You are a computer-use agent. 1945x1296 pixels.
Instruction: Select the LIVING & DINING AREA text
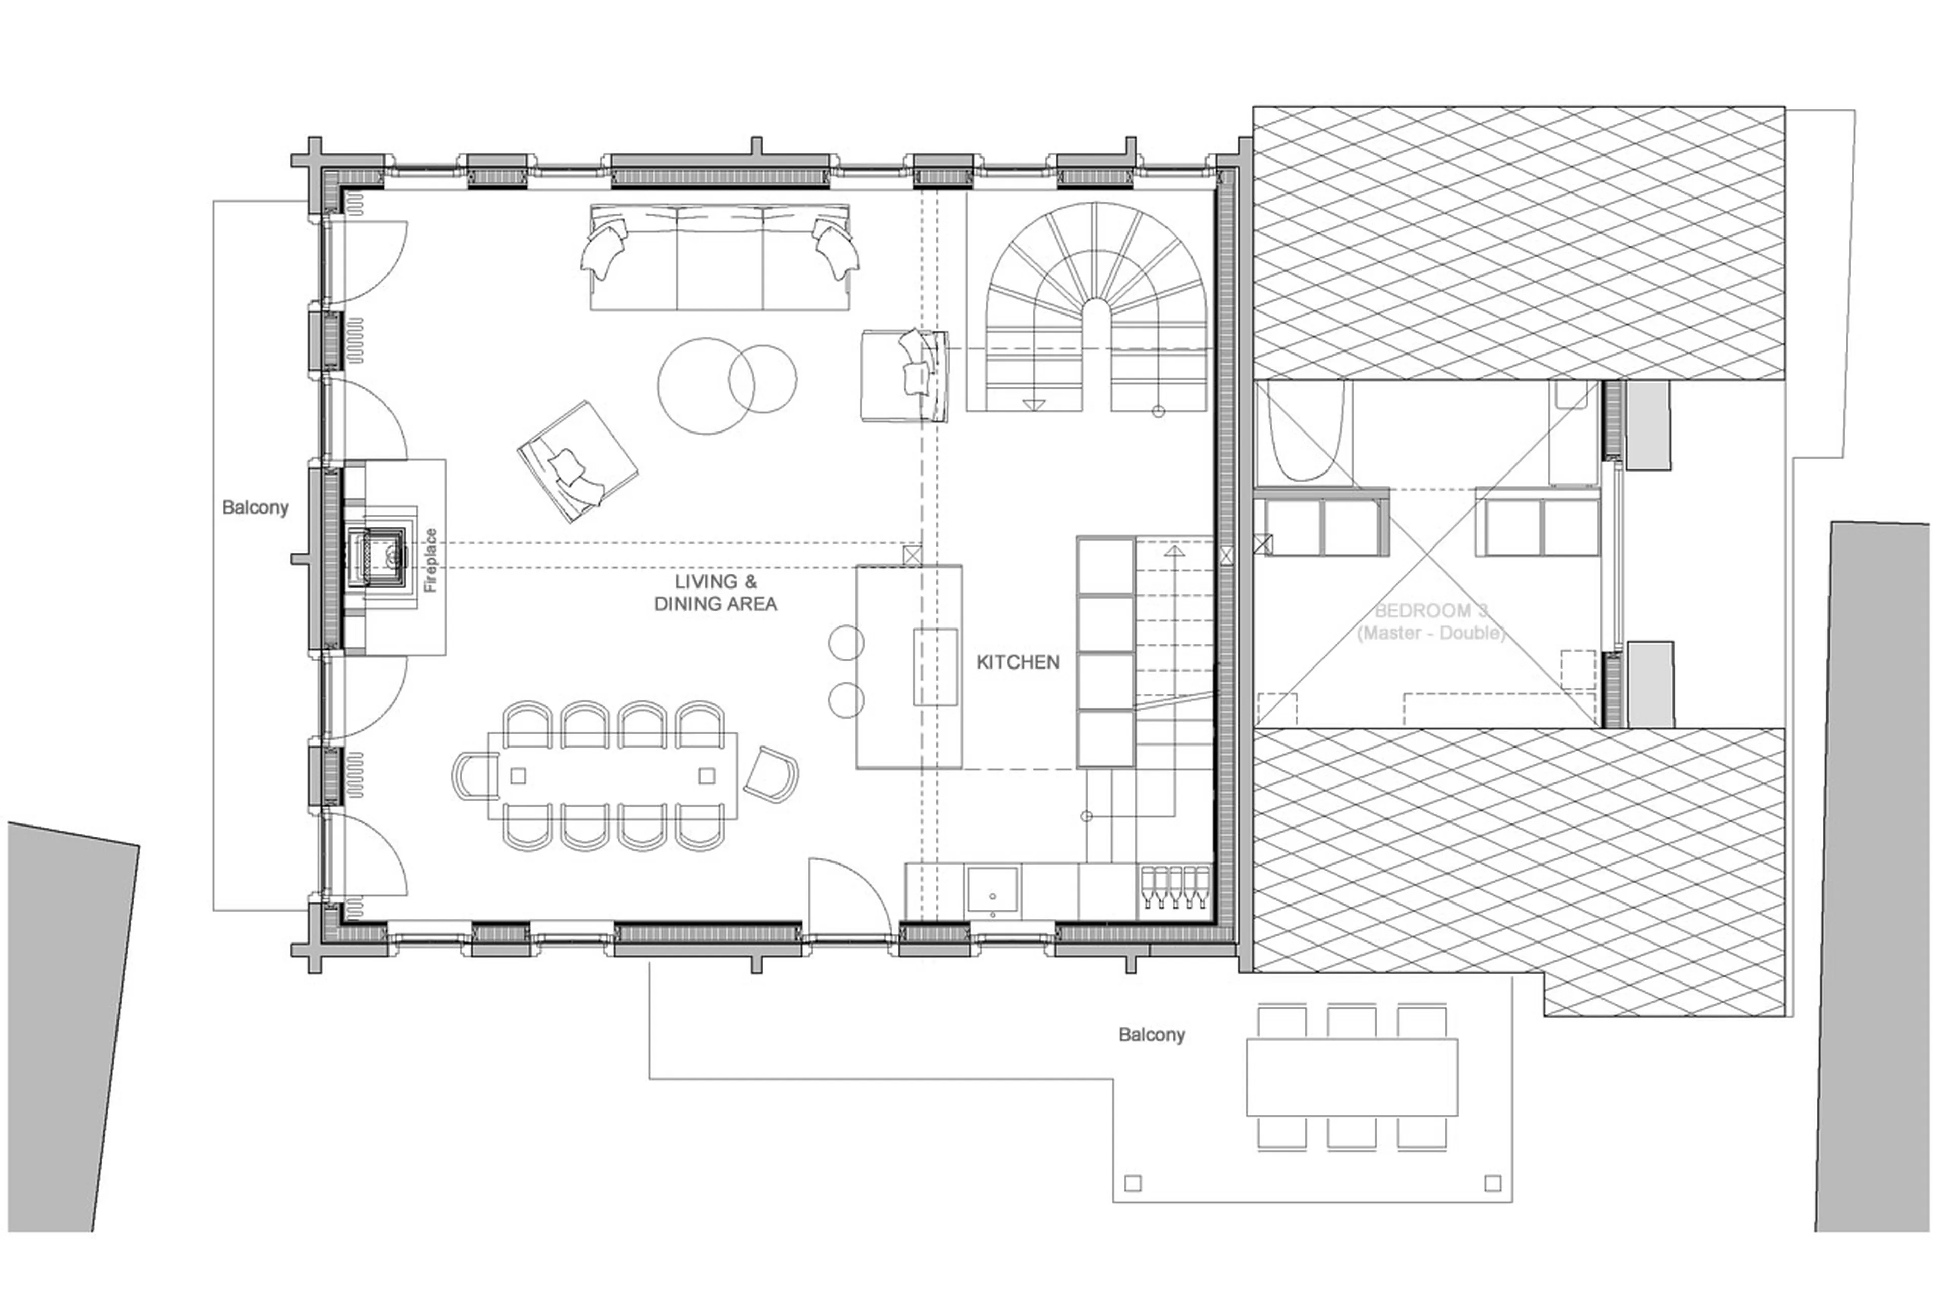pyautogui.click(x=715, y=593)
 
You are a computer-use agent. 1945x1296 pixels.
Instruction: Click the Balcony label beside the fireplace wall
pyautogui.click(x=255, y=507)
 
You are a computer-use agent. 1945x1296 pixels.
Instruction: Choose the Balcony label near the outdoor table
pyautogui.click(x=1151, y=1035)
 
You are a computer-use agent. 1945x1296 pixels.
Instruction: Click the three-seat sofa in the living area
pyautogui.click(x=719, y=258)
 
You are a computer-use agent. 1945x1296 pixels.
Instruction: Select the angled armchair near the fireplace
pyautogui.click(x=577, y=461)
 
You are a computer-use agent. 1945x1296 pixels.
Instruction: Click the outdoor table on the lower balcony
pyautogui.click(x=1351, y=1077)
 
